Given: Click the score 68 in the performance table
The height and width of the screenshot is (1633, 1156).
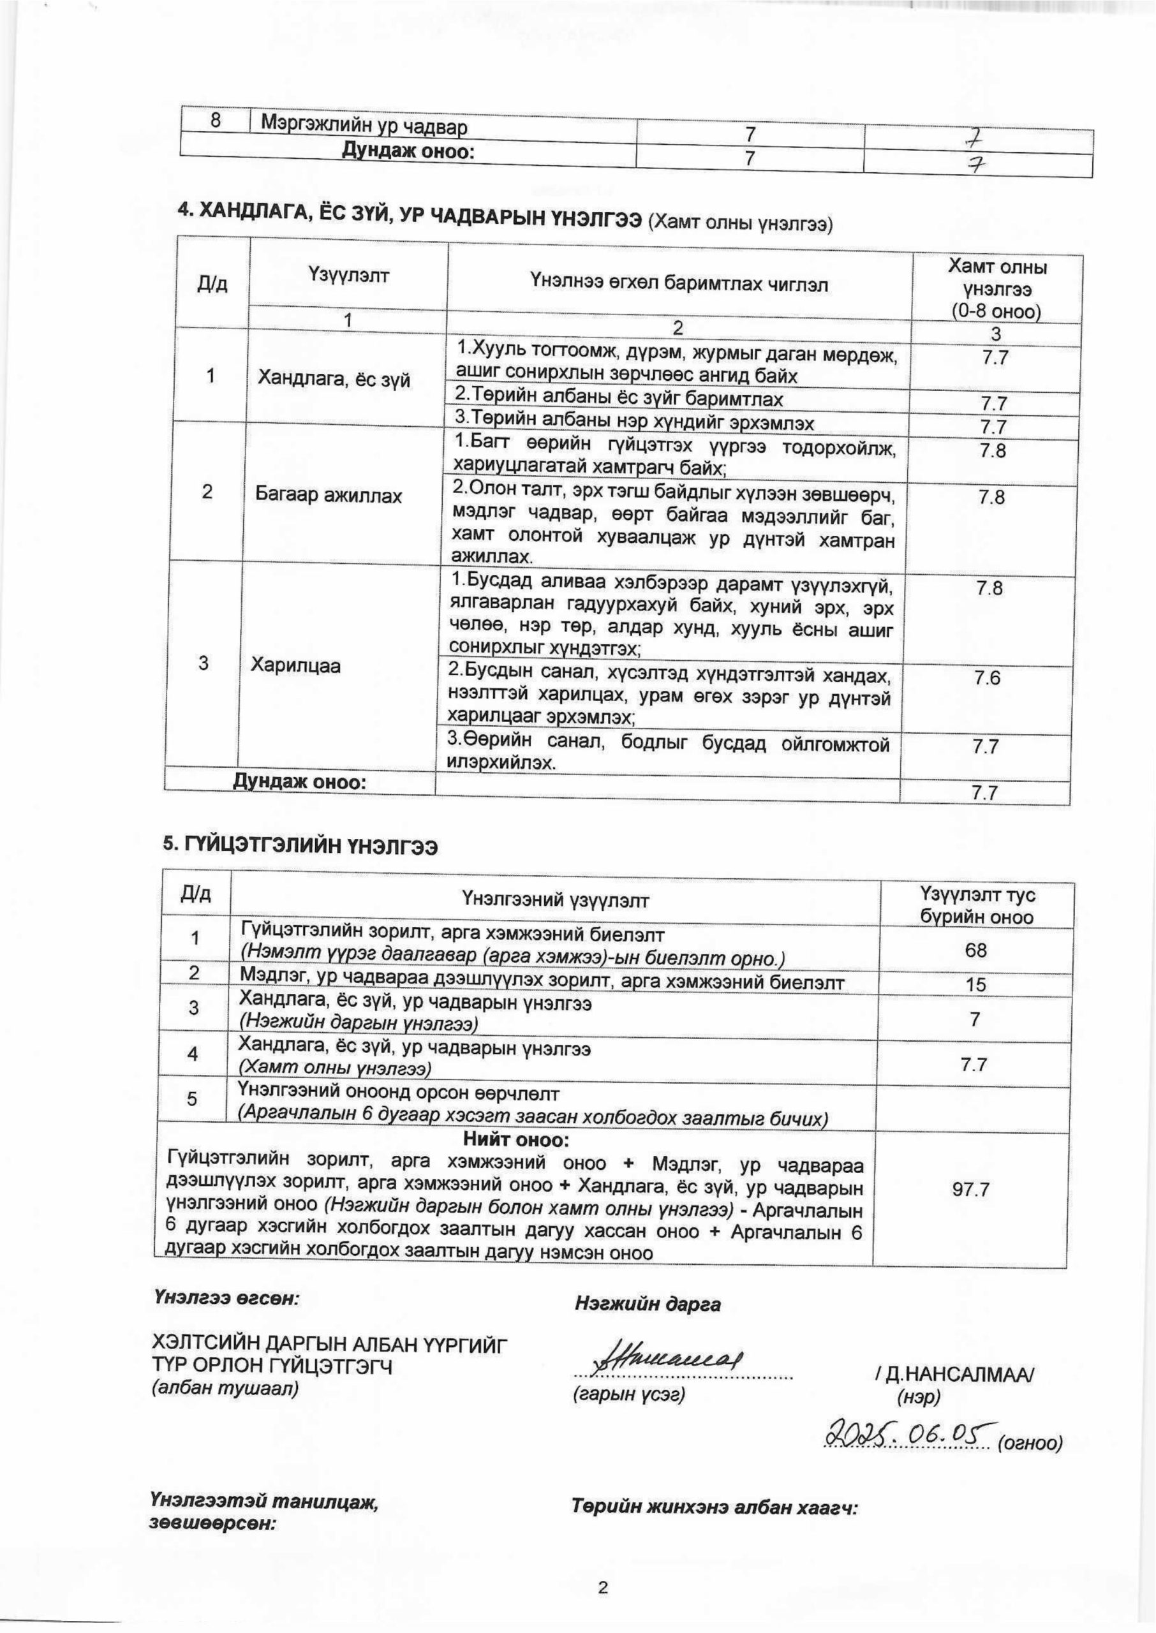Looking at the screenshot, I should [x=975, y=950].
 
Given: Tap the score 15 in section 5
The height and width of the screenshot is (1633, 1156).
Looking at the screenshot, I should [x=976, y=985].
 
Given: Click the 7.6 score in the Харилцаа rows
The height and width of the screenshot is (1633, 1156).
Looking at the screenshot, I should [x=988, y=678].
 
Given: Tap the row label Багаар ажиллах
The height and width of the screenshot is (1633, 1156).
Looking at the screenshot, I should [x=328, y=496].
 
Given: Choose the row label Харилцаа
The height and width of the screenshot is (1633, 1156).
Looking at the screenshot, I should [x=295, y=666].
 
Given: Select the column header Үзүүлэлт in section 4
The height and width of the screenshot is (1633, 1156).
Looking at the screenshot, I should [x=349, y=275].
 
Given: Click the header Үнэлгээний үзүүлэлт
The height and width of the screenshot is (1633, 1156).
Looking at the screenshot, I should [x=555, y=901].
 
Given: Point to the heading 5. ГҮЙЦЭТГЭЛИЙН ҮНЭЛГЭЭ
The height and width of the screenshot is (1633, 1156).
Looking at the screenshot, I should [x=300, y=846].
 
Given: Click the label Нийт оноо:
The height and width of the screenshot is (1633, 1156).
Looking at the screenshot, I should [x=516, y=1140].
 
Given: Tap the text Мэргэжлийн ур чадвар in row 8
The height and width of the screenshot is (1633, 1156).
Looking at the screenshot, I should [x=364, y=128].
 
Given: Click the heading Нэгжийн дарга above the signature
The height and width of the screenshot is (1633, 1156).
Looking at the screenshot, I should [x=647, y=1304].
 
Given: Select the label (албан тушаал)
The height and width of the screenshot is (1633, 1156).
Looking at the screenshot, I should [x=225, y=1388].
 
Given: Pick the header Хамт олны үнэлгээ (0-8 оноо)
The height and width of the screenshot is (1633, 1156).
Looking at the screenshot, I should [x=997, y=290].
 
